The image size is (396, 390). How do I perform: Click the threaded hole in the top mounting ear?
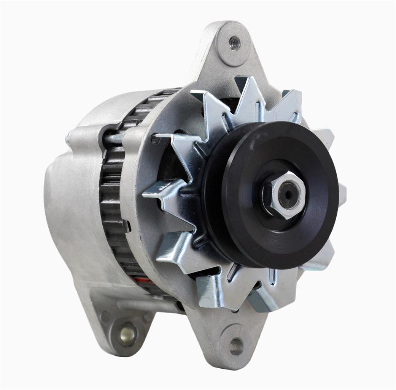pyautogui.click(x=234, y=43)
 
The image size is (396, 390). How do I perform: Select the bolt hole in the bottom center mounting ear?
pyautogui.click(x=236, y=346)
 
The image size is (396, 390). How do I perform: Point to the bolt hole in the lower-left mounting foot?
pyautogui.click(x=127, y=334)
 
